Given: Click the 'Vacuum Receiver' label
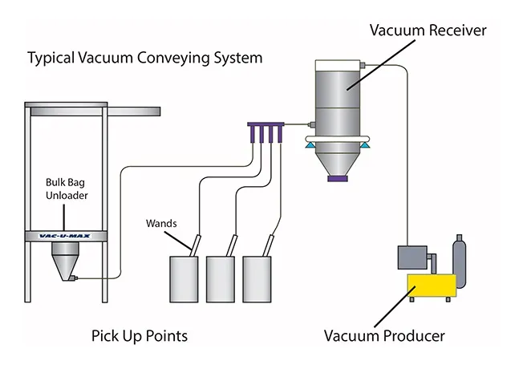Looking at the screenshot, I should click(x=427, y=31).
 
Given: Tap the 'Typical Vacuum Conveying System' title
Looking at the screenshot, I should click(x=144, y=59).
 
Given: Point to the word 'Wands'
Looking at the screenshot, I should click(x=161, y=222).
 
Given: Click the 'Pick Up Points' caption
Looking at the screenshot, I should click(x=140, y=334).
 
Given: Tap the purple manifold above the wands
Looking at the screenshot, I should click(x=268, y=126).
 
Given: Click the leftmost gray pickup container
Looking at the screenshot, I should click(x=186, y=278).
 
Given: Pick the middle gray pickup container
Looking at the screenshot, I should click(x=223, y=278).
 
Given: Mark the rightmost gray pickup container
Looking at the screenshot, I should click(x=260, y=278).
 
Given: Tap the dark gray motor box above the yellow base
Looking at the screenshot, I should click(x=414, y=257).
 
